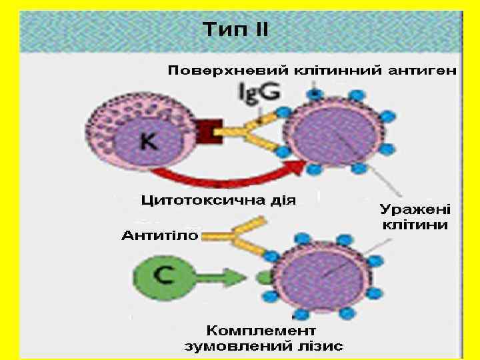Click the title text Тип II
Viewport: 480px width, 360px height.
click(235, 30)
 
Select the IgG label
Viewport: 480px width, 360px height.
click(259, 93)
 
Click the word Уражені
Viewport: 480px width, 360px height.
click(415, 209)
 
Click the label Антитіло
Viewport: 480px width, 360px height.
click(159, 235)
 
